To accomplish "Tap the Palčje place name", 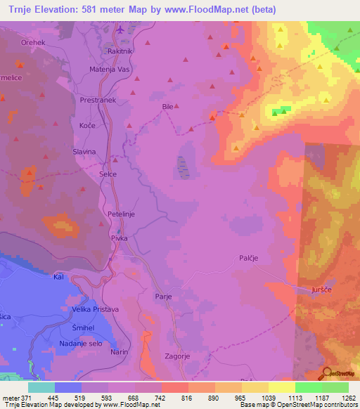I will pyautogui.click(x=247, y=258).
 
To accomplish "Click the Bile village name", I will pyautogui.click(x=167, y=107).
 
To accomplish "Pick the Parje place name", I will pyautogui.click(x=164, y=297).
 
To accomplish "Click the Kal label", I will pyautogui.click(x=59, y=278).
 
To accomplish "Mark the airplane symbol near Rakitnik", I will pyautogui.click(x=121, y=30).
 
